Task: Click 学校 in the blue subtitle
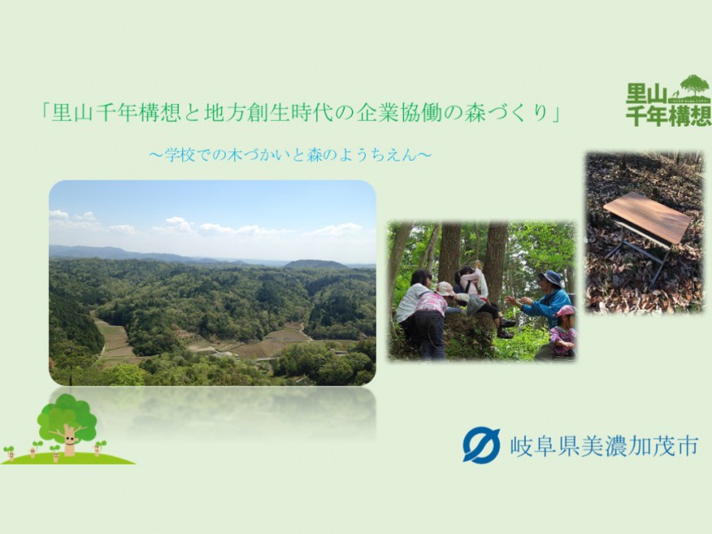click(179, 156)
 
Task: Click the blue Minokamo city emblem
click(481, 445)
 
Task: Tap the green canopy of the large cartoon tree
click(67, 416)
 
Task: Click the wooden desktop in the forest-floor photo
click(647, 217)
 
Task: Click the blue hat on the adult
click(551, 278)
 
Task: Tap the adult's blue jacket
click(549, 306)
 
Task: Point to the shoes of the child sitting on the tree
click(507, 328)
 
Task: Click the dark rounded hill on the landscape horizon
click(315, 264)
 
